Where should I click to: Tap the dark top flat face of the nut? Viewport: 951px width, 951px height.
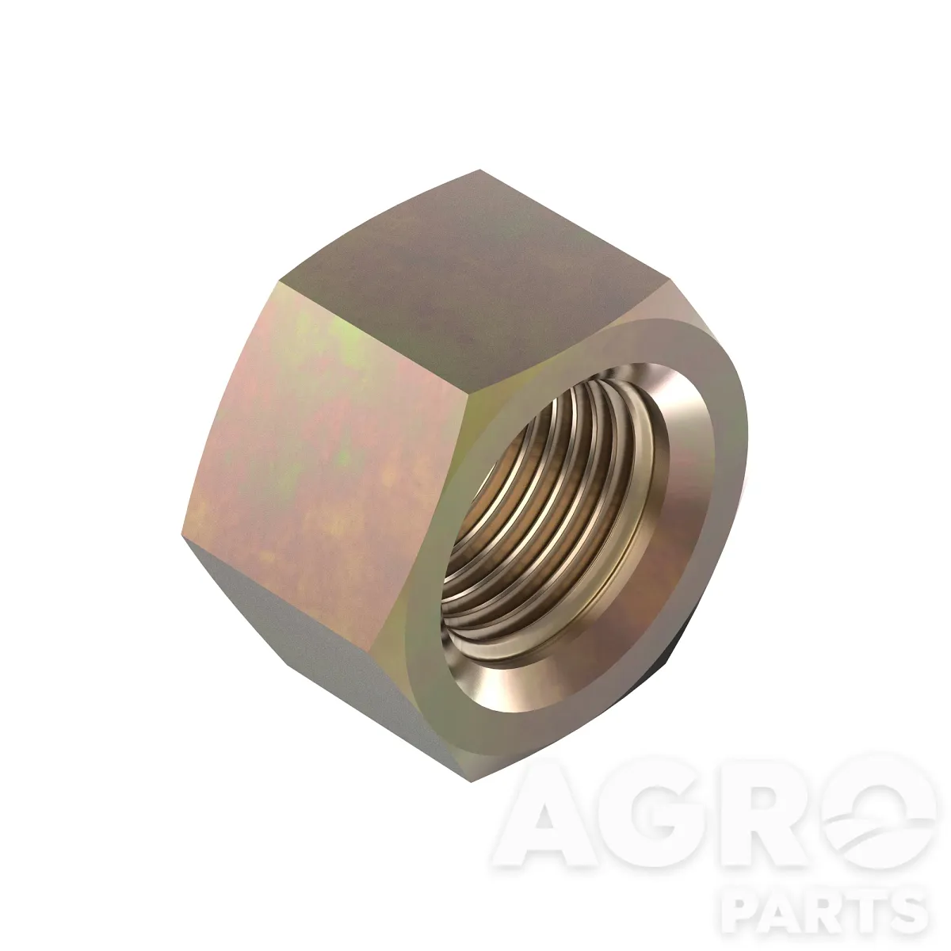coord(474,277)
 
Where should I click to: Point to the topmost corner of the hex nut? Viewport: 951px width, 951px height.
coord(480,170)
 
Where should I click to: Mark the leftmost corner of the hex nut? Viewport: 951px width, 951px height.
coord(181,542)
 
